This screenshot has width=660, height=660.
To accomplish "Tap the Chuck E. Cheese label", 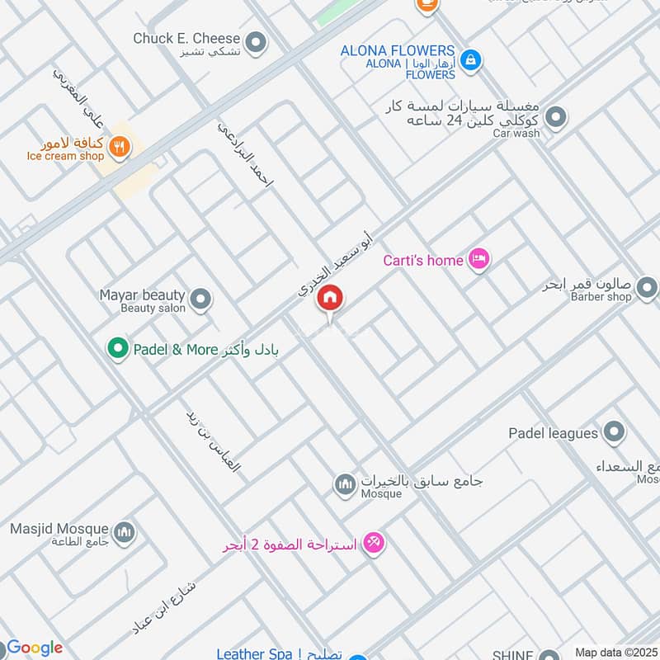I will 187,38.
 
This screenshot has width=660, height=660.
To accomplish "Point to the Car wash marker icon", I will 556,117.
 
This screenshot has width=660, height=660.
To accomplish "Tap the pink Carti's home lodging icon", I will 478,260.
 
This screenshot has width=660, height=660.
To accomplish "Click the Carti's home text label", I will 423,261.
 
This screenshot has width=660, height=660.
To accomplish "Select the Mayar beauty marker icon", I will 200,299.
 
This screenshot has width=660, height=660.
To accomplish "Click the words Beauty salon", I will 153,308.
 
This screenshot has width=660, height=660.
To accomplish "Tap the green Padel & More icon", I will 119,349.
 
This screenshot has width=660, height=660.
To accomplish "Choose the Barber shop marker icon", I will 648,288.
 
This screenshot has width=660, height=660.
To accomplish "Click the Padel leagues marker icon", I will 613,431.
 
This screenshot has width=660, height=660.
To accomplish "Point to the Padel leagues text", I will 553,432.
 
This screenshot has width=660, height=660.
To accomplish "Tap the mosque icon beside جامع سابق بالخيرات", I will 345,484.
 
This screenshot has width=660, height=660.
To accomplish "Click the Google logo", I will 34,648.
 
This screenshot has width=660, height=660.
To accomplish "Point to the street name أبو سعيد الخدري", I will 335,264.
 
